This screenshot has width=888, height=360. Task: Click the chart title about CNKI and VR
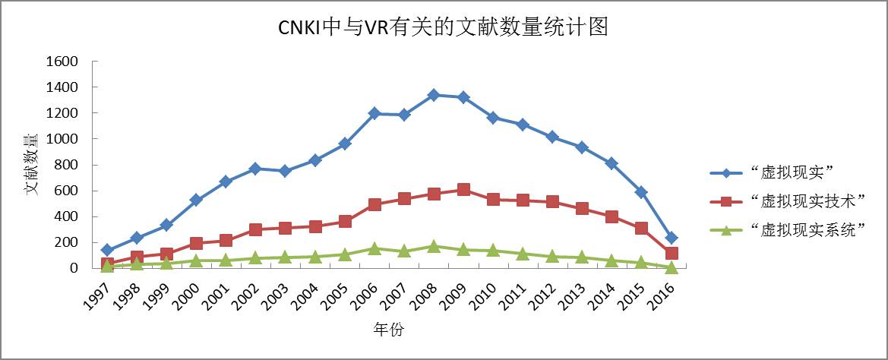tap(443, 28)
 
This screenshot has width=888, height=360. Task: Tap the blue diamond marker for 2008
tap(434, 95)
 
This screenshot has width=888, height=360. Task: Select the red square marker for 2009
tap(463, 190)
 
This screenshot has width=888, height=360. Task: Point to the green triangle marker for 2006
tap(374, 248)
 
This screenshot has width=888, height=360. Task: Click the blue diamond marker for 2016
tap(671, 238)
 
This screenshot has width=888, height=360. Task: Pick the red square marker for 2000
tap(196, 243)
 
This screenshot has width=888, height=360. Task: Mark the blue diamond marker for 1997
tap(107, 250)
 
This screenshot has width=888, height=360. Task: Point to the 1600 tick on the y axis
tap(62, 62)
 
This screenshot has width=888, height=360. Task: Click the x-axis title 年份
tap(388, 330)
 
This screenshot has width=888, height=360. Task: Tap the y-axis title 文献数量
tap(33, 164)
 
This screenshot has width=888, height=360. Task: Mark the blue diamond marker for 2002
tap(255, 169)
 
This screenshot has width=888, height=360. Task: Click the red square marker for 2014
tap(611, 216)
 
